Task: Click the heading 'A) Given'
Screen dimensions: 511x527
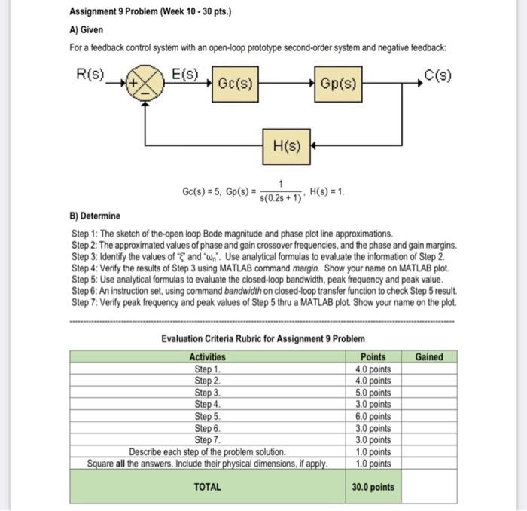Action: (87, 29)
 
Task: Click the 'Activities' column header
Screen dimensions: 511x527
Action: (207, 356)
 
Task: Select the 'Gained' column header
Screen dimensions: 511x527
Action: (429, 356)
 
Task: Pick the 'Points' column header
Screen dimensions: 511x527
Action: (373, 356)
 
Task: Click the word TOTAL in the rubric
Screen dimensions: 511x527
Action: (207, 487)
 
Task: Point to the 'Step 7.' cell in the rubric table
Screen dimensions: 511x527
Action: (207, 439)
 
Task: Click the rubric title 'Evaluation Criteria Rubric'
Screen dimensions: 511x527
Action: (263, 338)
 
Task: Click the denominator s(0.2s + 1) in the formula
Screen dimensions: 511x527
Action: (280, 197)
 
